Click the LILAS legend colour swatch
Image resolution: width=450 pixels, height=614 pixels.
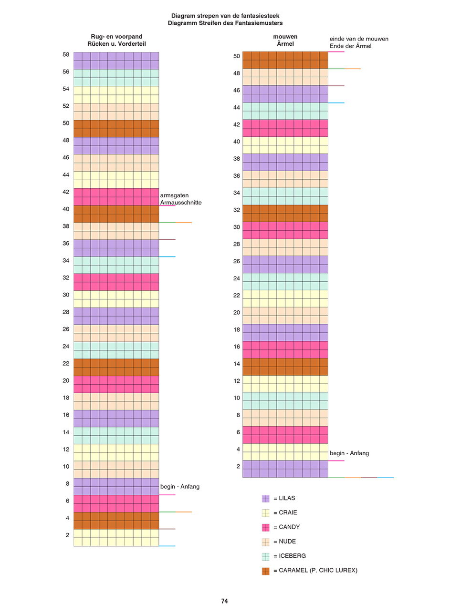tap(265, 498)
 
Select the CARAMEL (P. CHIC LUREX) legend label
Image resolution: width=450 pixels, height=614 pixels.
tap(315, 570)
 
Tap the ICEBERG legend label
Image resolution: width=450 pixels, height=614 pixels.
tap(289, 556)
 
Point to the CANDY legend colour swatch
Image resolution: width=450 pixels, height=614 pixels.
tap(265, 527)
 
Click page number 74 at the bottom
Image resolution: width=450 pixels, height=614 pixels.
tap(224, 601)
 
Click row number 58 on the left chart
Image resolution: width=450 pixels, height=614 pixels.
tap(66, 55)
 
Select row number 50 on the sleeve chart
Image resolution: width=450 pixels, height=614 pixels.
tap(237, 56)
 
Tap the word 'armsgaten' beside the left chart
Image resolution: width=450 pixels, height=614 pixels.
tap(175, 195)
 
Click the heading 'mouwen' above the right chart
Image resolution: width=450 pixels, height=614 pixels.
tap(285, 37)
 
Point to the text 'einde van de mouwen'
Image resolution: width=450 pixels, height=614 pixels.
tap(359, 39)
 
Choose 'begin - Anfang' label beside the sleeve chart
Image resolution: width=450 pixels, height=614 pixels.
tap(349, 453)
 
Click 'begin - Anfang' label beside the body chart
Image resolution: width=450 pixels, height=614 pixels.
tap(180, 487)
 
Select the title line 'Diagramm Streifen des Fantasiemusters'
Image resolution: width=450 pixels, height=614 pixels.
tap(225, 23)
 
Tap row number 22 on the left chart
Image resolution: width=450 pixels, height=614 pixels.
tap(66, 363)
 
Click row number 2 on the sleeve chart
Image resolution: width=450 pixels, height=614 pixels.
tap(238, 466)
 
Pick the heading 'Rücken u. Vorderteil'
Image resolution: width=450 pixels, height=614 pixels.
tap(116, 44)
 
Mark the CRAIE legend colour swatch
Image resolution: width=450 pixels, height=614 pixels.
tap(265, 513)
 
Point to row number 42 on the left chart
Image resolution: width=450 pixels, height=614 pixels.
tap(66, 192)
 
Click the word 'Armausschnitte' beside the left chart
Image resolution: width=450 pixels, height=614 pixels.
tap(181, 203)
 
